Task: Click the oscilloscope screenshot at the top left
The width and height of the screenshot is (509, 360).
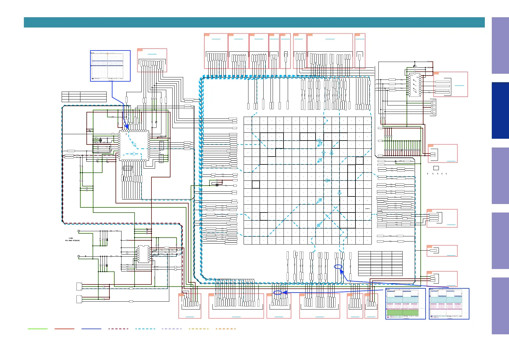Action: pos(110,66)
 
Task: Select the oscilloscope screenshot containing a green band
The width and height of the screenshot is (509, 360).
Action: pos(406,303)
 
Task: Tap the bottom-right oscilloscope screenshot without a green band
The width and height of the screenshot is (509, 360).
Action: pos(449,303)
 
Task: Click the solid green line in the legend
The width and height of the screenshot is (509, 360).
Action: pos(37,329)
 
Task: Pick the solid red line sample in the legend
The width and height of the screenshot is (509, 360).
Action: pos(64,329)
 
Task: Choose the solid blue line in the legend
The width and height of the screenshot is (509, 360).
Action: pos(91,329)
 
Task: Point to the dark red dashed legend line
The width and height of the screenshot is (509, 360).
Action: pos(118,329)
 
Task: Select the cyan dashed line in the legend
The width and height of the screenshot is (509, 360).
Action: pos(145,329)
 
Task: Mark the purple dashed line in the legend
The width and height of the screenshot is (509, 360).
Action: pos(172,329)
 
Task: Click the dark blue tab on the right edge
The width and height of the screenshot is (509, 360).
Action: pos(500,110)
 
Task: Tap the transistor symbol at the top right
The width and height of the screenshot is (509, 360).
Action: pos(415,66)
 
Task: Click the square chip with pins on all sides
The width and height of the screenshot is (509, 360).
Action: pos(134,145)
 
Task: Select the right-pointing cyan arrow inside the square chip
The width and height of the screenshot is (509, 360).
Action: pos(134,154)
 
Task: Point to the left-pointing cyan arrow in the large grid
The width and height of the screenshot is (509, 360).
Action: pos(327,180)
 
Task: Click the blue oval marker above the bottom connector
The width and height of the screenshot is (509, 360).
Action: pos(278,293)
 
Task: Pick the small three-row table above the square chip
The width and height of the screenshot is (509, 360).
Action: pos(84,97)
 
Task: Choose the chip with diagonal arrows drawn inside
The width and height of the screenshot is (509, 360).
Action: pos(415,85)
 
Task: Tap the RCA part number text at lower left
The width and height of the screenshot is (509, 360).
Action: pos(73,241)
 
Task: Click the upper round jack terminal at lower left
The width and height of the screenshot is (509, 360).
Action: pos(79,231)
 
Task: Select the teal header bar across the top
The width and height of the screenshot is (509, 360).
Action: pos(254,22)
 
